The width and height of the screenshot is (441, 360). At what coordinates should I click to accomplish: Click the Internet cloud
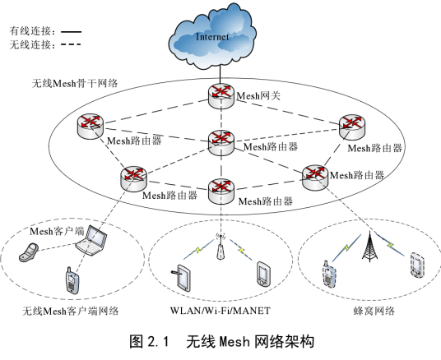pyautogui.click(x=219, y=36)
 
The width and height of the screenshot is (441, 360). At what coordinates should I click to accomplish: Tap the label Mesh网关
pyautogui.click(x=258, y=96)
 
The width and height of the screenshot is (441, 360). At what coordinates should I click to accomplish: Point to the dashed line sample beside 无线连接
pyautogui.click(x=72, y=44)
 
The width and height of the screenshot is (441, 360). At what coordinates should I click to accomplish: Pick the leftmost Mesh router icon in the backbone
pyautogui.click(x=90, y=126)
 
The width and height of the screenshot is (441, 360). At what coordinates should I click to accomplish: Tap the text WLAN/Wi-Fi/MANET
pyautogui.click(x=220, y=312)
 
